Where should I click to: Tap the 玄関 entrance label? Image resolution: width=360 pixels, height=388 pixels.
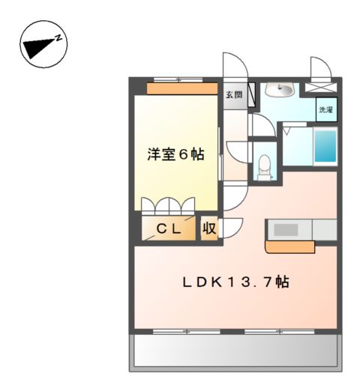(x=233, y=95)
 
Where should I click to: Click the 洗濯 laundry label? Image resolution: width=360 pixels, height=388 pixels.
(x=326, y=110)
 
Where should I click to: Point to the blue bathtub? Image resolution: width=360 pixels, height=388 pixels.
(x=325, y=147)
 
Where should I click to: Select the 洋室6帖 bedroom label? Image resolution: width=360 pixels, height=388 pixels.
(x=175, y=155)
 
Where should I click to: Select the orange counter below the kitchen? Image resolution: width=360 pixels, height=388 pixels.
(x=289, y=247)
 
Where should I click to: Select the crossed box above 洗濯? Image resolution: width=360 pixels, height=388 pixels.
(x=319, y=88)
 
